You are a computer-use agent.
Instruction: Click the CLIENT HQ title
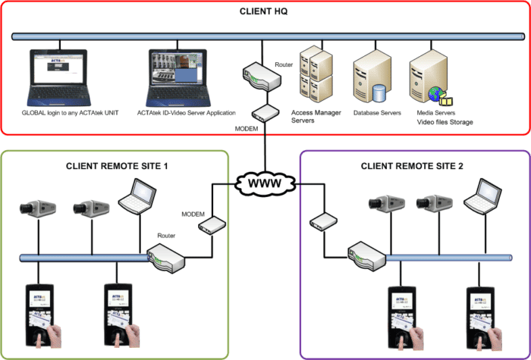(265, 11)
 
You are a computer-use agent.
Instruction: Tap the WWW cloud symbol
(265, 184)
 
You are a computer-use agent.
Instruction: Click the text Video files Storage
(445, 122)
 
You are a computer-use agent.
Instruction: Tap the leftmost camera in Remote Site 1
(35, 206)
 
